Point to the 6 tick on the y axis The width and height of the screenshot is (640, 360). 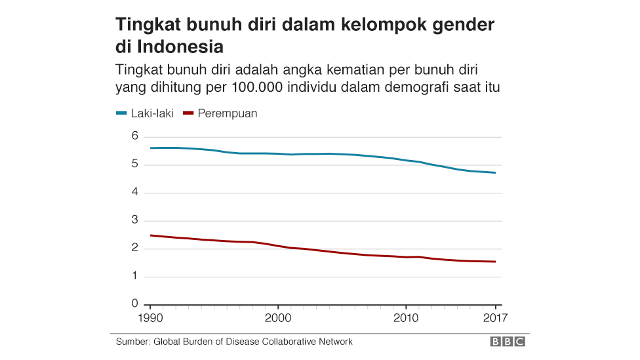tap(134, 136)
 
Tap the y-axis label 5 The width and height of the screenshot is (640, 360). tap(134, 165)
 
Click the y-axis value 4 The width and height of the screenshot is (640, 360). tap(134, 192)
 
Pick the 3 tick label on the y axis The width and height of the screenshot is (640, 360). tap(134, 220)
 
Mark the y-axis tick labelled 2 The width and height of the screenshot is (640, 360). tap(134, 249)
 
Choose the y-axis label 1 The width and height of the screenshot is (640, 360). tap(134, 276)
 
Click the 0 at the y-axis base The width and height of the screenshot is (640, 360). tap(134, 304)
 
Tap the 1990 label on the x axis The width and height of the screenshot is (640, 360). tap(151, 319)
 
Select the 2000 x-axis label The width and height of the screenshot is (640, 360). tap(278, 319)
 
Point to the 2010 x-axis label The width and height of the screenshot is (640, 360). tap(406, 319)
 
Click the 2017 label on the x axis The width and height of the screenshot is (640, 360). tap(494, 319)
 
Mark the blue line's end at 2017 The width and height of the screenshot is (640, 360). tap(495, 172)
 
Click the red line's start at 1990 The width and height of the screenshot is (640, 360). tap(151, 235)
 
